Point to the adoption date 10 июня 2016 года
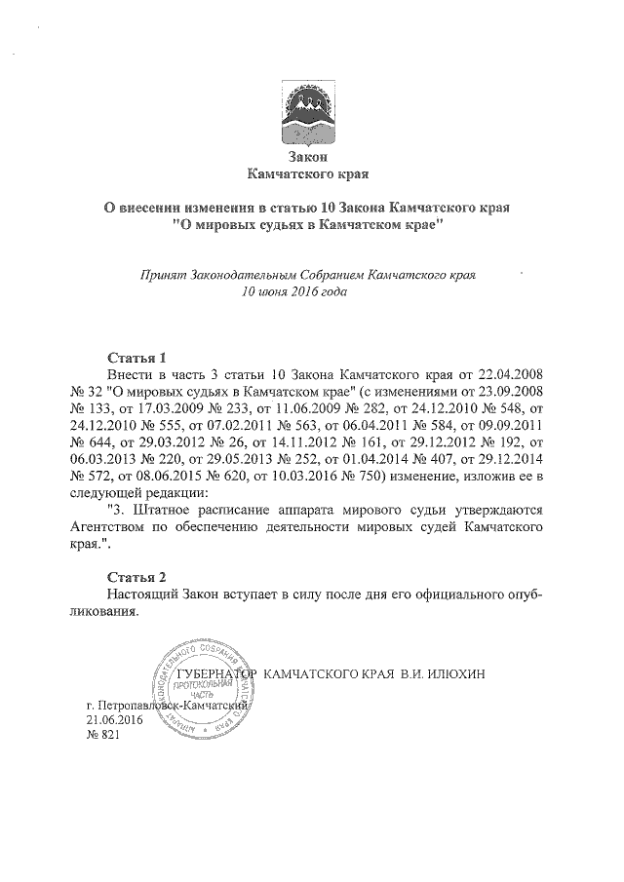(296, 290)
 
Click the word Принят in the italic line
(166, 275)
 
